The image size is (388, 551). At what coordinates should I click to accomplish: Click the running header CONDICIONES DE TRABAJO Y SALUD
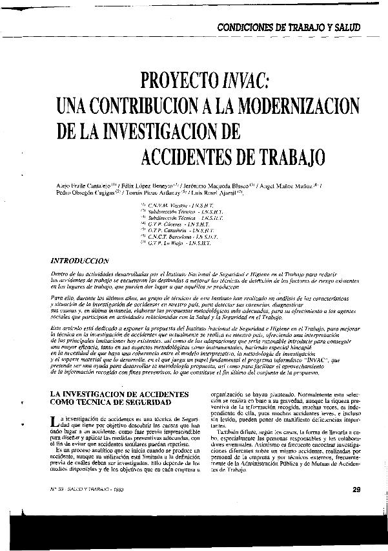pos(289,28)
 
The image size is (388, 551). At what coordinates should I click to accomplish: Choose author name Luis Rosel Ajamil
pos(214,193)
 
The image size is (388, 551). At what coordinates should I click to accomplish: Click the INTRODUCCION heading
pos(79,261)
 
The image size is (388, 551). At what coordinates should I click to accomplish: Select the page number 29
pos(356,489)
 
